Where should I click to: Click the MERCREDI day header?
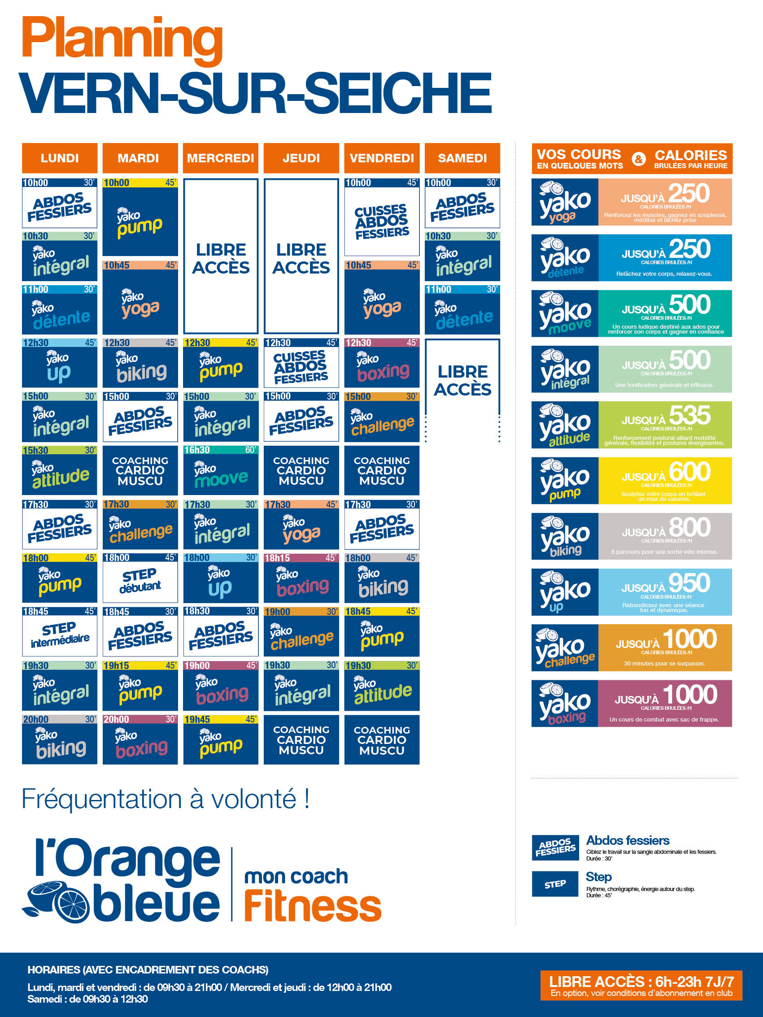220,158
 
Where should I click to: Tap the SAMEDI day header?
462,158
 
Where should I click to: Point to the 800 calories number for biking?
689,527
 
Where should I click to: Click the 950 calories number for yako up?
689,583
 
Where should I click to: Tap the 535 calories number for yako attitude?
689,416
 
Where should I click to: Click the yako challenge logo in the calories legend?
565,648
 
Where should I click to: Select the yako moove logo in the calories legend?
565,313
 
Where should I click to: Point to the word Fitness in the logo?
312,906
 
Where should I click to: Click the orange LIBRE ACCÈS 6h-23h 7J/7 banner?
641,985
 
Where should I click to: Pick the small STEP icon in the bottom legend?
555,884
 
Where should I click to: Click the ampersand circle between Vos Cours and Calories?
638,159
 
